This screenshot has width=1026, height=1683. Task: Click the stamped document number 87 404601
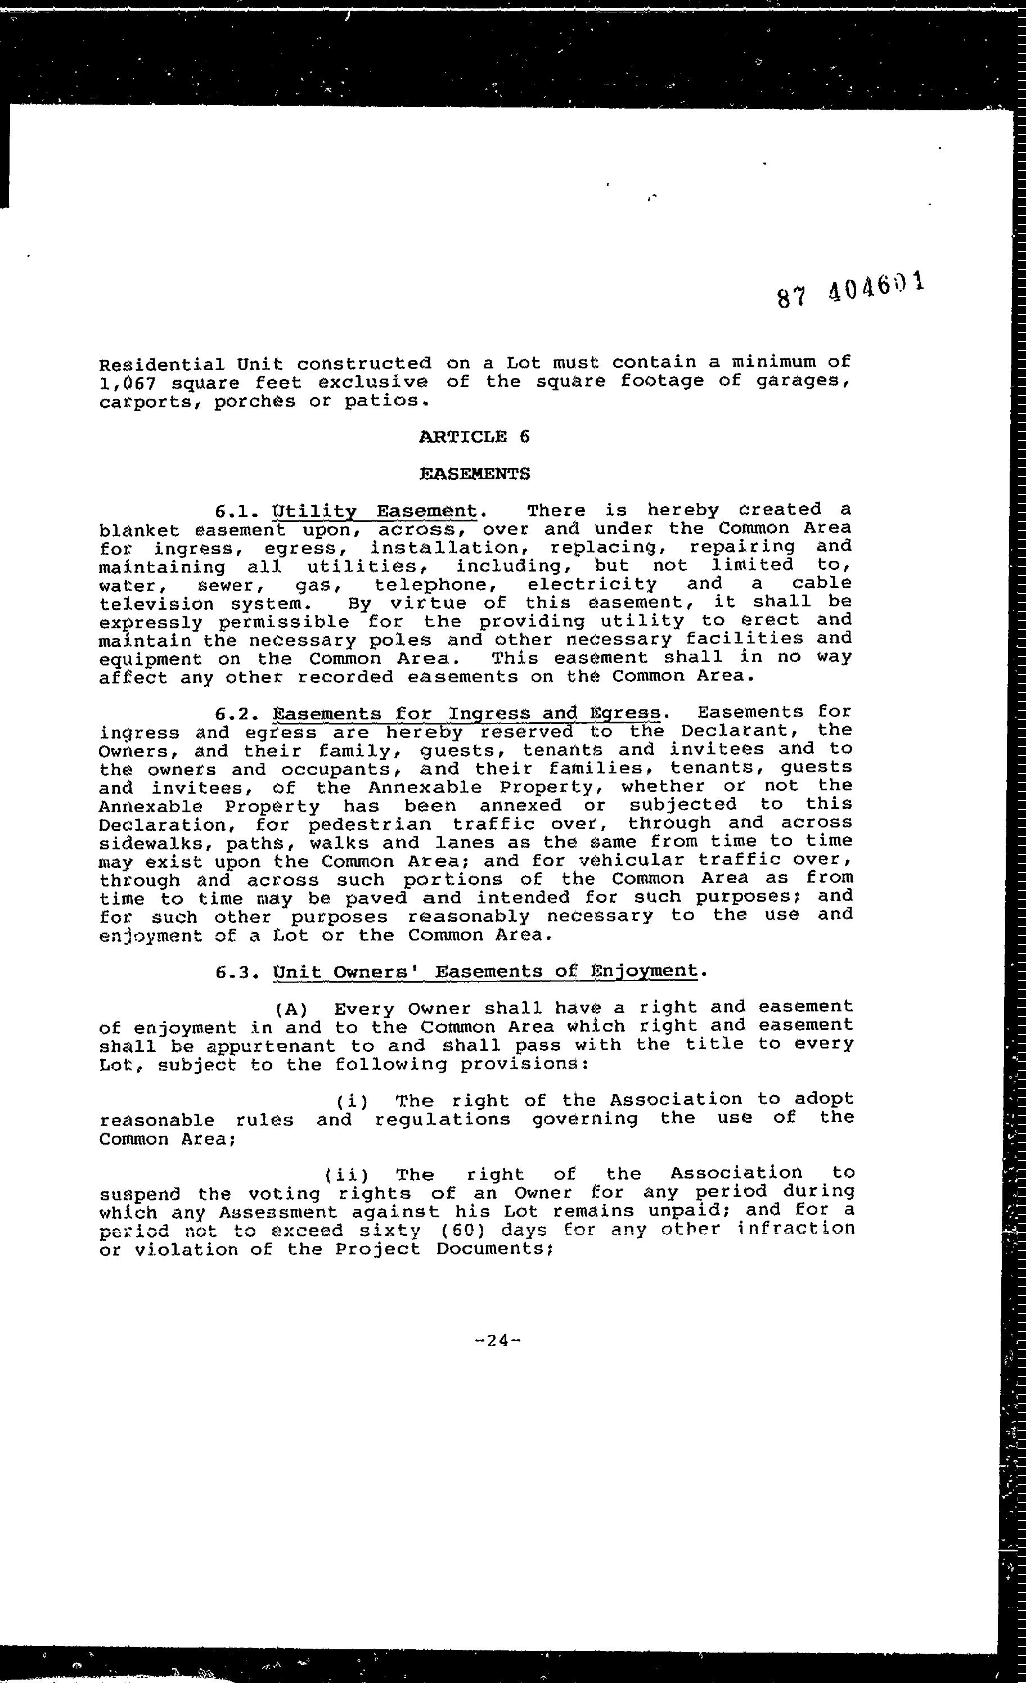click(x=850, y=290)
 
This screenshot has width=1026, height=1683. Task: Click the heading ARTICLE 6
click(x=474, y=436)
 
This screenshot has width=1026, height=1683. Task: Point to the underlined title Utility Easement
click(x=374, y=511)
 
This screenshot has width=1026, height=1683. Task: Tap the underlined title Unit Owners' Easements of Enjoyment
click(x=485, y=971)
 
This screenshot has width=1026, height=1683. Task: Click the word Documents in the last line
click(x=490, y=1249)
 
